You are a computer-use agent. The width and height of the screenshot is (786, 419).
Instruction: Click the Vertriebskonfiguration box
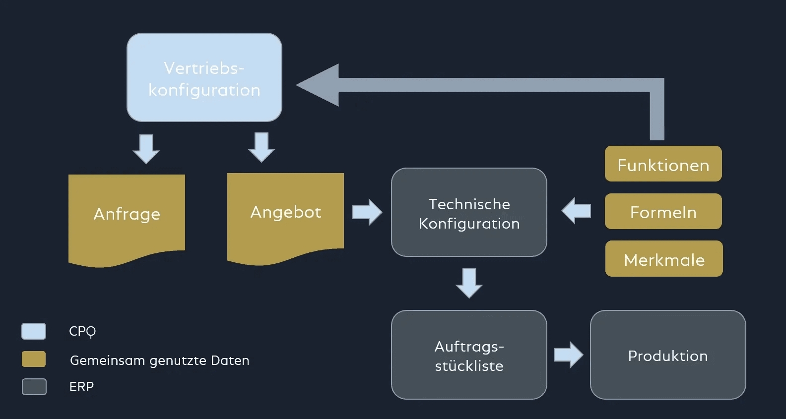click(204, 77)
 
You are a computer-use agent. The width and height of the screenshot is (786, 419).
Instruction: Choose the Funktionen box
click(663, 164)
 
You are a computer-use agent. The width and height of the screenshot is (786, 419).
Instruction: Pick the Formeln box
click(663, 211)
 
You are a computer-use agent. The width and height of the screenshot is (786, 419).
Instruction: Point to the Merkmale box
click(664, 259)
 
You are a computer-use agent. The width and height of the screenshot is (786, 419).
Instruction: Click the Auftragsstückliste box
click(469, 355)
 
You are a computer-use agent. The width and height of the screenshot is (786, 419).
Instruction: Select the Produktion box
click(668, 355)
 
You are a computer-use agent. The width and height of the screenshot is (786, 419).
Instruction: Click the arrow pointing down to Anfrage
click(146, 148)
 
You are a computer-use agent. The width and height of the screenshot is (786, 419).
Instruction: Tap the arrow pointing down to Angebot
click(261, 147)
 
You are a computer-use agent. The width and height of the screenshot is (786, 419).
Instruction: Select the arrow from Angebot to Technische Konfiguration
click(367, 212)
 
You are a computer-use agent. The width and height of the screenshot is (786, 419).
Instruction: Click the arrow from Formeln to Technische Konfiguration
click(576, 211)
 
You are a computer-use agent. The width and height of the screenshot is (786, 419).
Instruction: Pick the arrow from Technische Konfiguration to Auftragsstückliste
click(469, 283)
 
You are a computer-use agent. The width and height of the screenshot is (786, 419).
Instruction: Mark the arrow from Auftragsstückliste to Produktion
click(569, 355)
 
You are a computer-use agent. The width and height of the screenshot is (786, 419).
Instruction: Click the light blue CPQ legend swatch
click(34, 331)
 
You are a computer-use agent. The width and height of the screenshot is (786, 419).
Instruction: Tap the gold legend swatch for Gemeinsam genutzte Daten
click(34, 359)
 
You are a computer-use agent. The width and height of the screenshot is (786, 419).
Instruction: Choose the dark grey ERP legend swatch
click(34, 387)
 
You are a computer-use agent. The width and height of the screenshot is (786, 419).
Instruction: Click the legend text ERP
click(81, 387)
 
